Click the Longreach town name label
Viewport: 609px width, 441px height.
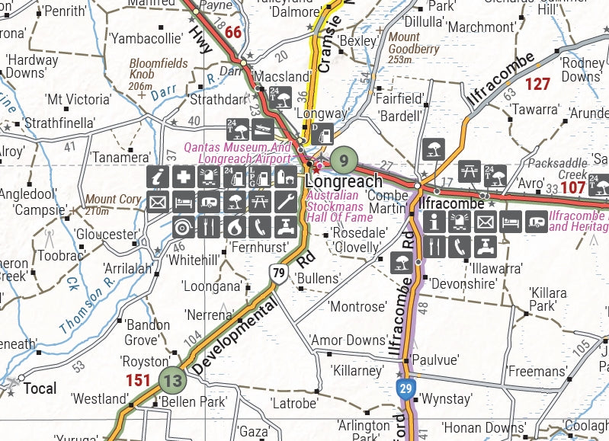pyautogui.click(x=344, y=182)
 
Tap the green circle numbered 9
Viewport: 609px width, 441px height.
pyautogui.click(x=344, y=160)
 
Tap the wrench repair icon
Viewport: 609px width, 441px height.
pyautogui.click(x=286, y=202)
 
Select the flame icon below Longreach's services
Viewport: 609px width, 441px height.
pyautogui.click(x=235, y=226)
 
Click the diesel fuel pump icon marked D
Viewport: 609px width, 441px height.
pyautogui.click(x=322, y=133)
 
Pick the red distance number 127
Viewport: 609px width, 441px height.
pyautogui.click(x=537, y=84)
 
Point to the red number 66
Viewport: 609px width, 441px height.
pyautogui.click(x=232, y=32)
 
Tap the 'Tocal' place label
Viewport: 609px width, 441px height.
pyautogui.click(x=40, y=388)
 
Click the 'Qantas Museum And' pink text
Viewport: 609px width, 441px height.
pyautogui.click(x=238, y=148)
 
